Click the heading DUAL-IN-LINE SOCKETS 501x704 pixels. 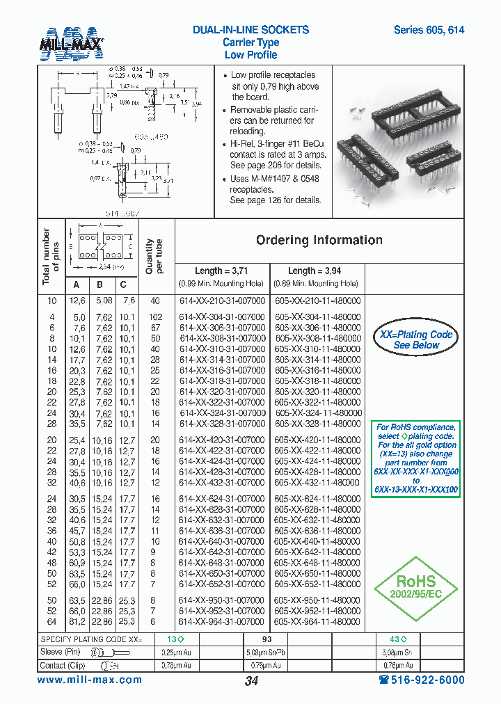click(x=250, y=30)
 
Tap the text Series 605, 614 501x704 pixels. click(x=429, y=30)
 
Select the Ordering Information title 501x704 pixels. click(x=319, y=240)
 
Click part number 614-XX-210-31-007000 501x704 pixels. click(x=223, y=301)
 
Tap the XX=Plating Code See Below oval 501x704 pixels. click(x=415, y=339)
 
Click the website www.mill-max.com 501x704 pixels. click(x=90, y=680)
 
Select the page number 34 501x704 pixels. click(x=251, y=681)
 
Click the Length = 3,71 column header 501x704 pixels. click(x=221, y=271)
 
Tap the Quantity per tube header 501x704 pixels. click(x=153, y=257)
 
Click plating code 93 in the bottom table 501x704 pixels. click(x=267, y=639)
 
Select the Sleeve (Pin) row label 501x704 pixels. click(x=61, y=652)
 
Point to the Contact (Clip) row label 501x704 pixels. click(x=62, y=665)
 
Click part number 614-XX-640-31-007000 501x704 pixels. click(x=223, y=541)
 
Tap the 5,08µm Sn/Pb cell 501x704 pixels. click(x=267, y=652)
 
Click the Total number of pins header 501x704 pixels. click(x=51, y=257)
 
